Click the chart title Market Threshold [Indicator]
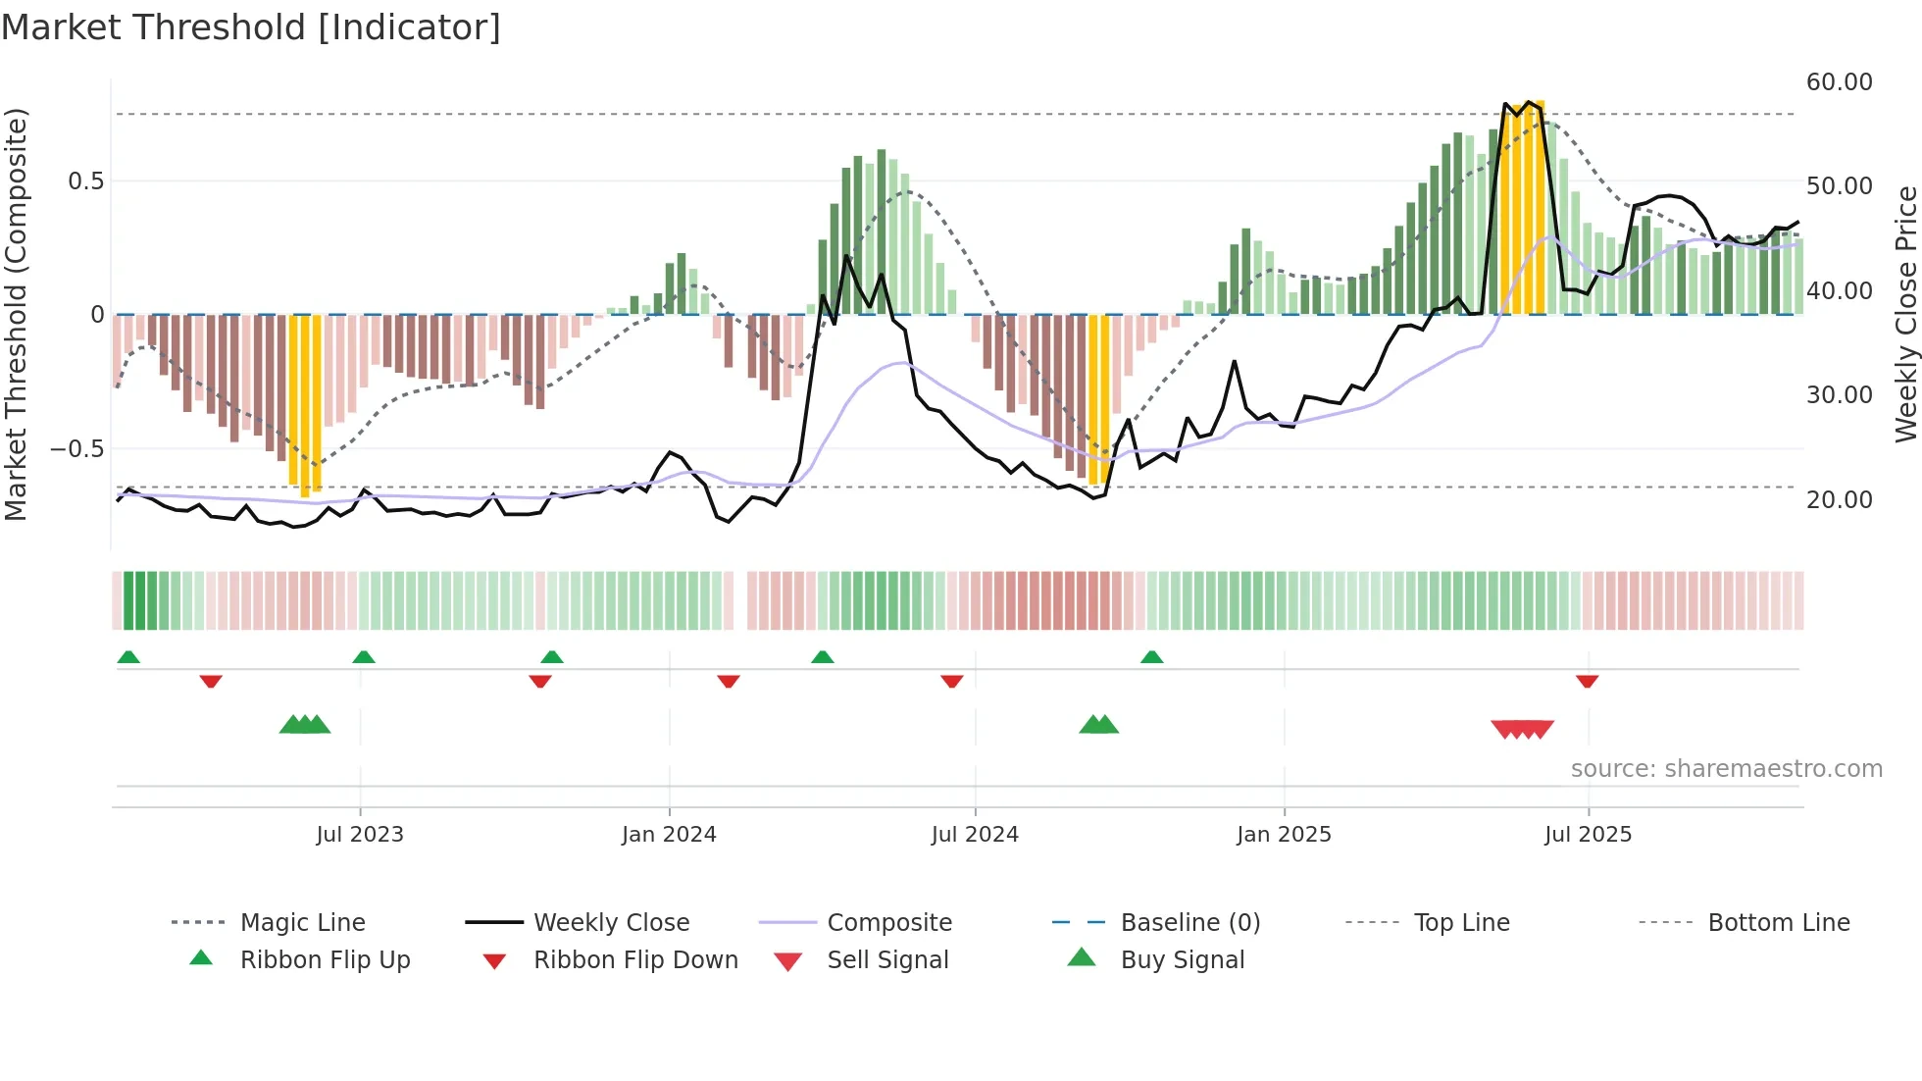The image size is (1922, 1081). (251, 27)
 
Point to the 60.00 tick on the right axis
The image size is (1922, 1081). (1839, 82)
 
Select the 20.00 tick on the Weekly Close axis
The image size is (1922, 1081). (1839, 500)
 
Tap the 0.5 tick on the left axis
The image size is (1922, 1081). (86, 181)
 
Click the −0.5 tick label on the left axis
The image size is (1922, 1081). (77, 449)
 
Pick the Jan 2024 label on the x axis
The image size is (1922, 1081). (669, 835)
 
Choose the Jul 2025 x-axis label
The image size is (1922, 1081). (1588, 835)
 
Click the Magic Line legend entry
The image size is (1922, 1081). (302, 923)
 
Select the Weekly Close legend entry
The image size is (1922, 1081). (611, 923)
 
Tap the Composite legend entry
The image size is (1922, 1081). (888, 923)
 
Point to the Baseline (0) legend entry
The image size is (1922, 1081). (1189, 923)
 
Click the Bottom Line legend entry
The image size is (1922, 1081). (1778, 923)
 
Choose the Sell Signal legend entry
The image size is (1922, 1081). (886, 960)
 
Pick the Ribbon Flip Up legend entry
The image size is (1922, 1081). (325, 960)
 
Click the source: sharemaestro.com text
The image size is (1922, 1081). (1726, 769)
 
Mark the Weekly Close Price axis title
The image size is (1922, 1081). (1905, 314)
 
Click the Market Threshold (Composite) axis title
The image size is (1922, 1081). (16, 314)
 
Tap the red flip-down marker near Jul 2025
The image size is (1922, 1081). (1587, 681)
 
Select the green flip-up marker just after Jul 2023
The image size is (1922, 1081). (364, 657)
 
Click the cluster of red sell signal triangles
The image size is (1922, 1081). (1522, 729)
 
